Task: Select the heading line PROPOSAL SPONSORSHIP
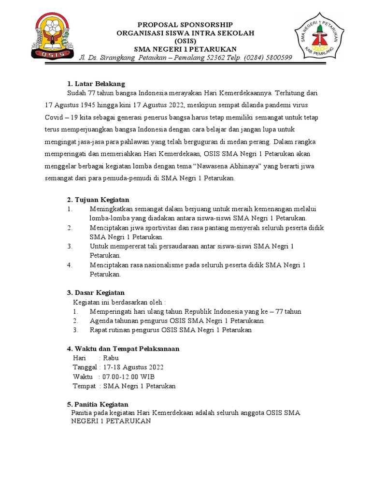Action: coord(185,25)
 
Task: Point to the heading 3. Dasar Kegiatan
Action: coord(95,292)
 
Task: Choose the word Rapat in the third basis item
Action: coord(99,330)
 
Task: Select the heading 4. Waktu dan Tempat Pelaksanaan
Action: coord(123,349)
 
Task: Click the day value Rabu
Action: coord(111,358)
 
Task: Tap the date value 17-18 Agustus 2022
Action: coord(133,367)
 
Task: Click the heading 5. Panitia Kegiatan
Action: coord(97,404)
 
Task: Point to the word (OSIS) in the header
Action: coord(185,41)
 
